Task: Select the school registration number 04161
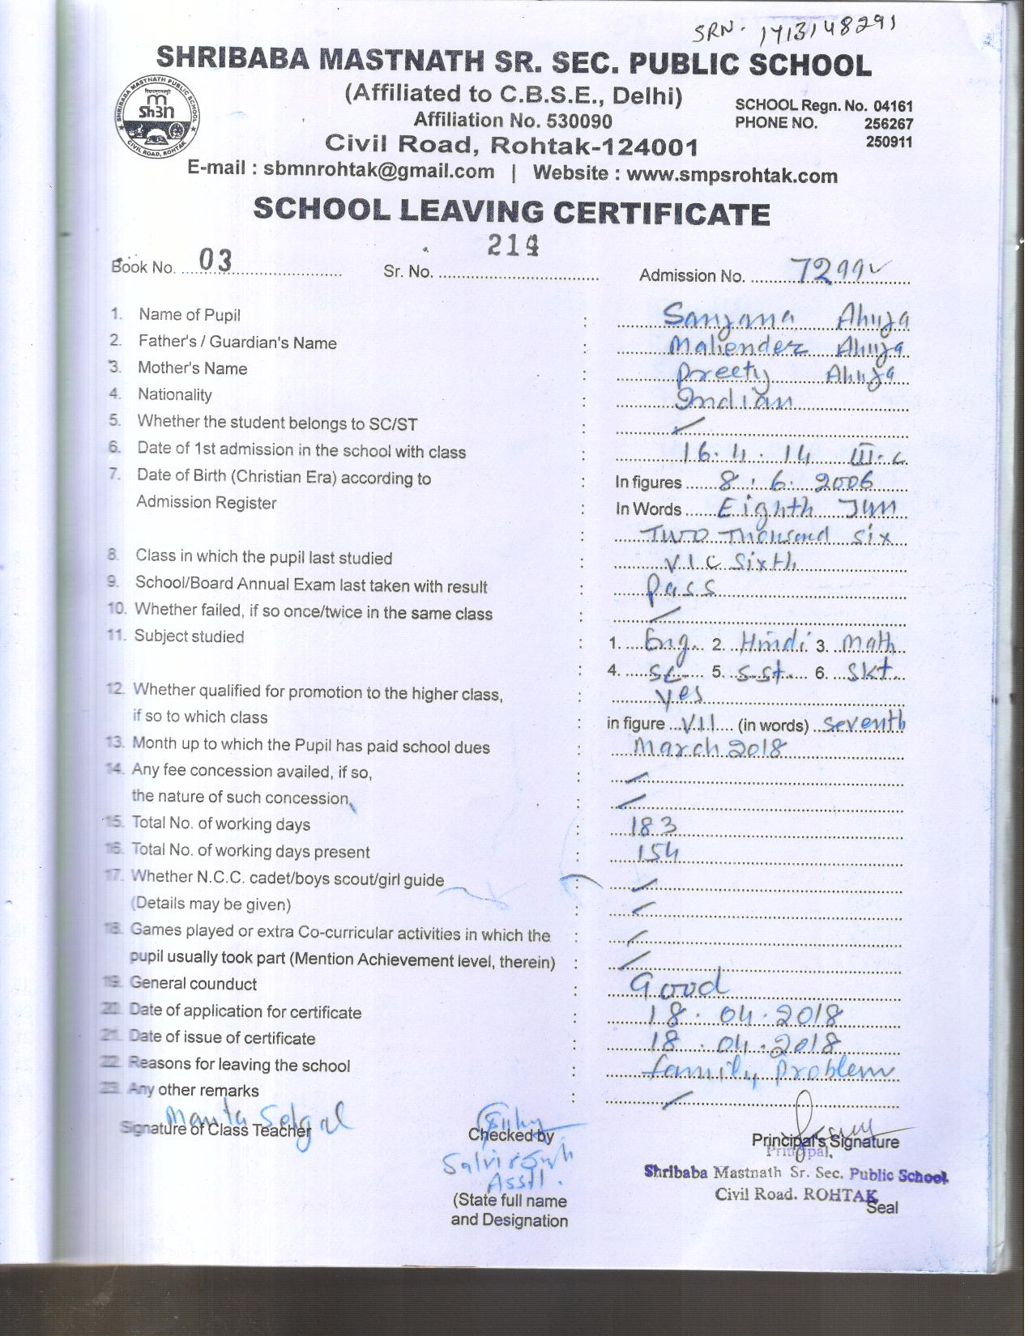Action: pos(893,105)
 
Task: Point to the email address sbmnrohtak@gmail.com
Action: pos(378,171)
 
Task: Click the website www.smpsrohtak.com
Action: pos(732,174)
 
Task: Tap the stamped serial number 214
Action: pos(514,245)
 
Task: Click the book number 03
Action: pos(216,261)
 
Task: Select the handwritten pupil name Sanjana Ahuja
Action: pos(784,317)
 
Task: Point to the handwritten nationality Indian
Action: pos(734,399)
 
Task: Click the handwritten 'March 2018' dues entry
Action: pos(709,747)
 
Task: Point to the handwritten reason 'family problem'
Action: pos(766,1070)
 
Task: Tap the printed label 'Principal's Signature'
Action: pos(825,1142)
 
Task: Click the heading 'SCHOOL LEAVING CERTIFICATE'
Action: pos(511,211)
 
